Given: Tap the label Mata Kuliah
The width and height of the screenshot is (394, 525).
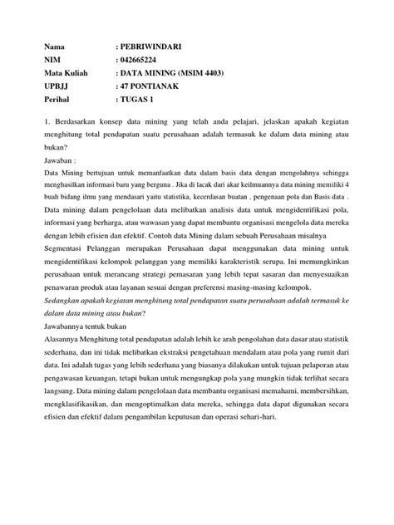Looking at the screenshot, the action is tap(62, 73).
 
